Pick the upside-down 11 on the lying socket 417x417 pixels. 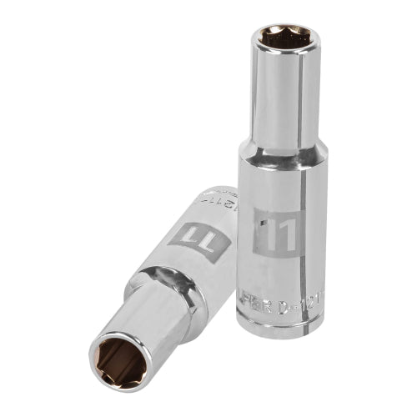193,235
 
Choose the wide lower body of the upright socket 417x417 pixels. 284,250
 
